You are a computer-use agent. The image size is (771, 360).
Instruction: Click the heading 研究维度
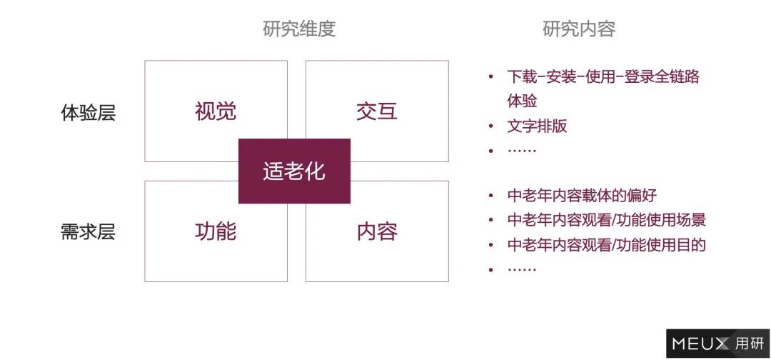point(298,29)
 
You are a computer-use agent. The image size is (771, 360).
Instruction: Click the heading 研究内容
point(578,29)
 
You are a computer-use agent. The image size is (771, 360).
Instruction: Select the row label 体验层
point(89,113)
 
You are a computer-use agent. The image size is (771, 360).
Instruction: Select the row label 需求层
point(89,232)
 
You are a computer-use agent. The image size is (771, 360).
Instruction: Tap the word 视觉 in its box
point(216,111)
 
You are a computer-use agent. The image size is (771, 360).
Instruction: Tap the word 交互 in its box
point(377,111)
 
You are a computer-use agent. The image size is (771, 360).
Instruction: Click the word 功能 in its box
point(216,231)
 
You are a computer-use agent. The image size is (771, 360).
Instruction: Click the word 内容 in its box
point(377,231)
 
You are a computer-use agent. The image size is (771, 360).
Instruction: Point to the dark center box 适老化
point(294,171)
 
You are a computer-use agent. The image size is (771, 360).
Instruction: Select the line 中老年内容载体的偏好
point(582,195)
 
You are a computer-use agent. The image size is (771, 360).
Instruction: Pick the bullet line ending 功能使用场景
point(606,220)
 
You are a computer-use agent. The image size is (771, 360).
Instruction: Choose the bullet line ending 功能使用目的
point(606,245)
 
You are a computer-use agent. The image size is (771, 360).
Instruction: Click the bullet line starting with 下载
point(603,76)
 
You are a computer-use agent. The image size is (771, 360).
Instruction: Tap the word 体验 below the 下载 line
point(522,101)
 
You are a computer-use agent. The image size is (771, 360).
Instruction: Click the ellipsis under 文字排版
point(522,150)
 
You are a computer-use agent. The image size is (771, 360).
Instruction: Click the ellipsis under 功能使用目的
point(522,269)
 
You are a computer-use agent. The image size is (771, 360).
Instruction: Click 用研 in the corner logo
point(749,344)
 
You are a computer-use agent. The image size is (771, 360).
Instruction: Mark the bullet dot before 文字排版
point(490,126)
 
